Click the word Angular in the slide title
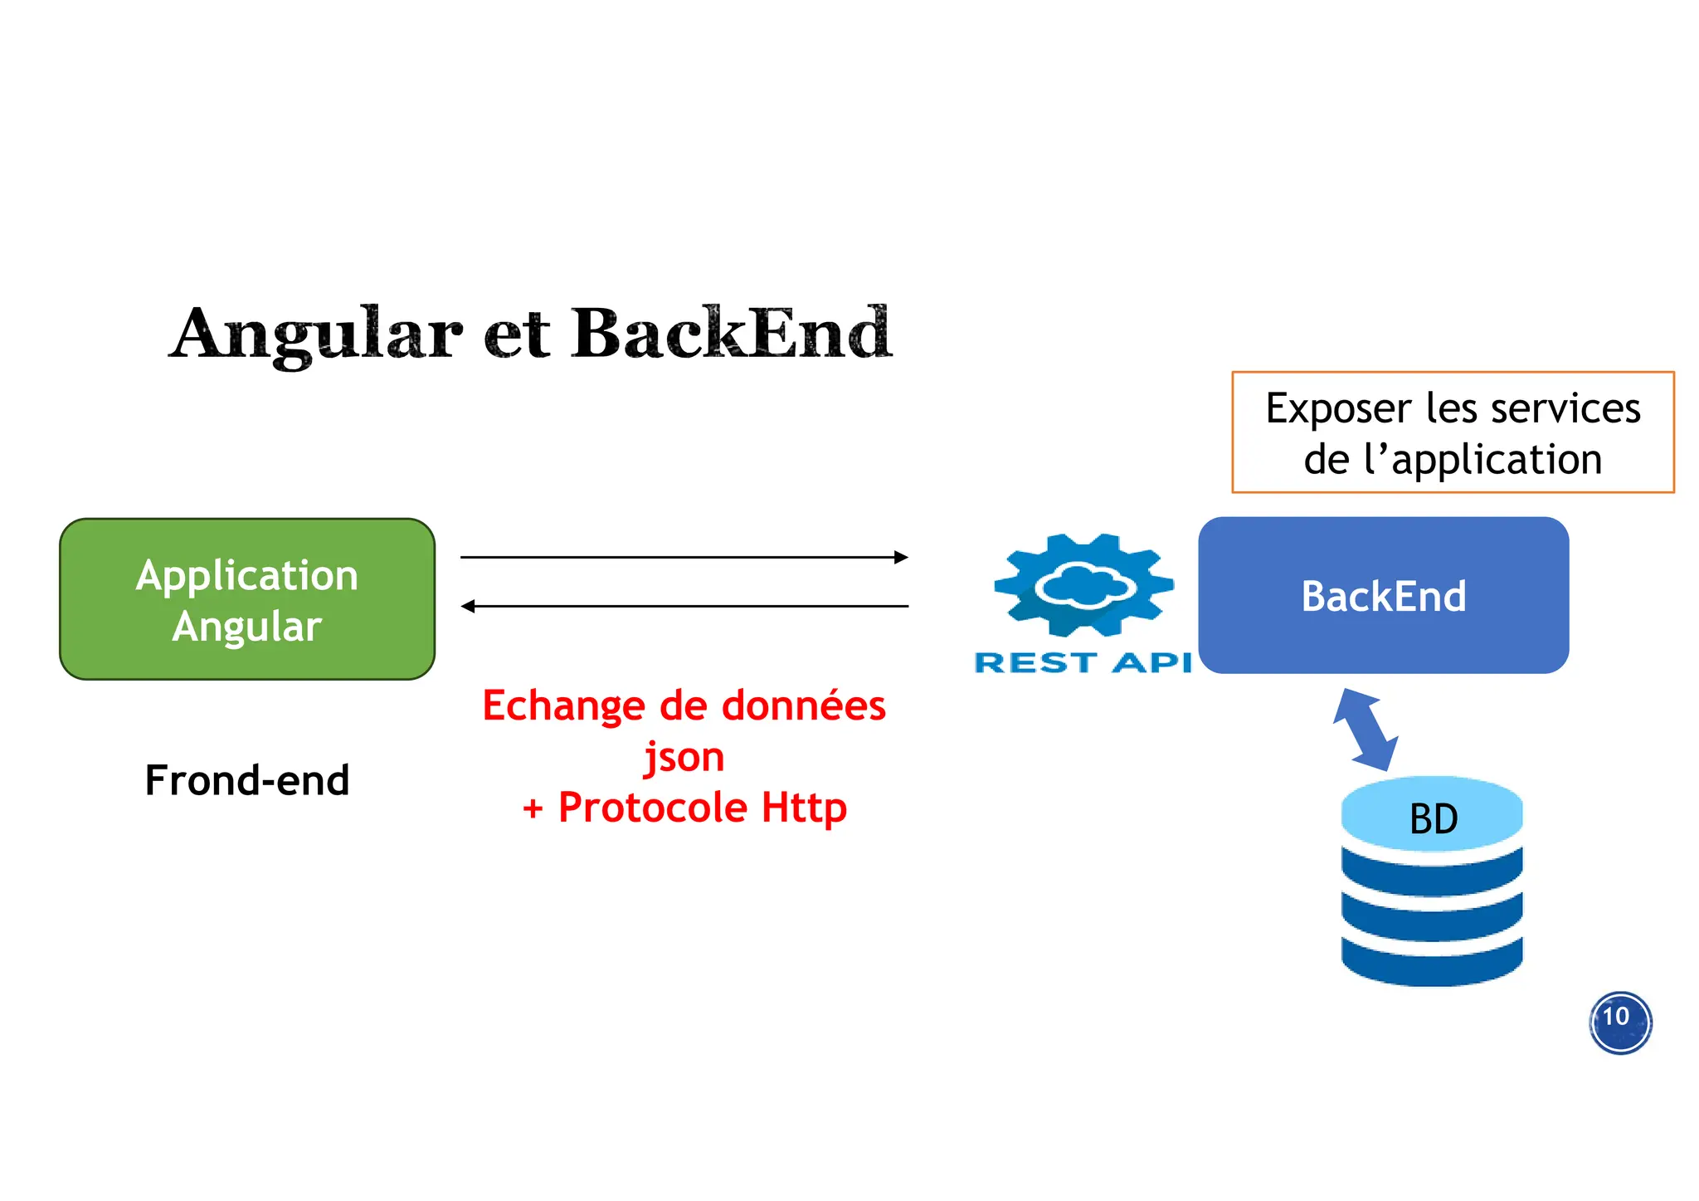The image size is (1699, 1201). [316, 334]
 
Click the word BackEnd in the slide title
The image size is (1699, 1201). [731, 333]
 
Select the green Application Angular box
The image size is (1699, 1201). [247, 599]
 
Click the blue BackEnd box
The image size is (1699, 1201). [1383, 596]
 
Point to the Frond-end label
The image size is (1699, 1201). [247, 780]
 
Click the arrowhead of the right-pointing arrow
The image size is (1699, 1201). [901, 557]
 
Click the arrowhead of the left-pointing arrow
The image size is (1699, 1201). [468, 607]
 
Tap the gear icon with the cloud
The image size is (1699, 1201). [1083, 585]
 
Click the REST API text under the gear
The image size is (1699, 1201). [1083, 662]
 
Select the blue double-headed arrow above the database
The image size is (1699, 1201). [1366, 730]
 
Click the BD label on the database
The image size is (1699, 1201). [1433, 819]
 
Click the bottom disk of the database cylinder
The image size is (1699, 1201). [1432, 963]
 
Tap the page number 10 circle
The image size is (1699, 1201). [1619, 1022]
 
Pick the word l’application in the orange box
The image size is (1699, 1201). [1482, 460]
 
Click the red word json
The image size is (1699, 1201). [684, 757]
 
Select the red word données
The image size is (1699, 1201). [804, 705]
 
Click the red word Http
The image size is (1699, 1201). [804, 808]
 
